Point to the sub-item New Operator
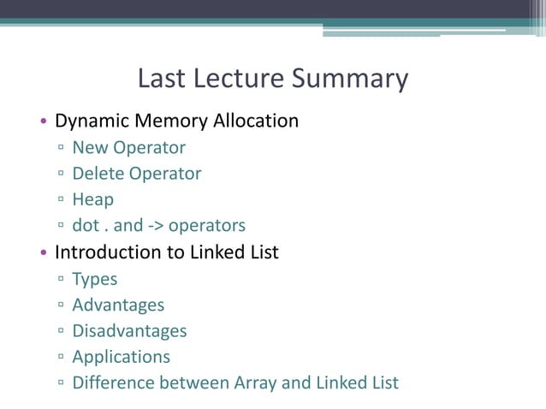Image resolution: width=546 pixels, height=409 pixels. pos(128,148)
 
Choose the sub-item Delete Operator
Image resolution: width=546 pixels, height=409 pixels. pos(137,174)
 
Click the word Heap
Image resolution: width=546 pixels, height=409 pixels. pos(92,200)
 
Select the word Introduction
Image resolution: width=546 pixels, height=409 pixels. pos(107,252)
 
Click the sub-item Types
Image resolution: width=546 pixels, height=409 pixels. pos(95,279)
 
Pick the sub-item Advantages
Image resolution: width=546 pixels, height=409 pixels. pos(118,305)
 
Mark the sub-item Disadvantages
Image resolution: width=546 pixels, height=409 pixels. pos(129,330)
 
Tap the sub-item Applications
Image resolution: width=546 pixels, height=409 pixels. pos(121,357)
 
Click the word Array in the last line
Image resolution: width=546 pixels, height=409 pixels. pos(255,382)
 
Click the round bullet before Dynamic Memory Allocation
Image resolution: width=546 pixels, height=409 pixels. pos(43,122)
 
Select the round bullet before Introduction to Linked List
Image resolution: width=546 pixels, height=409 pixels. pos(43,253)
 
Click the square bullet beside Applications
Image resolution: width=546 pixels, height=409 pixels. pos(62,358)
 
